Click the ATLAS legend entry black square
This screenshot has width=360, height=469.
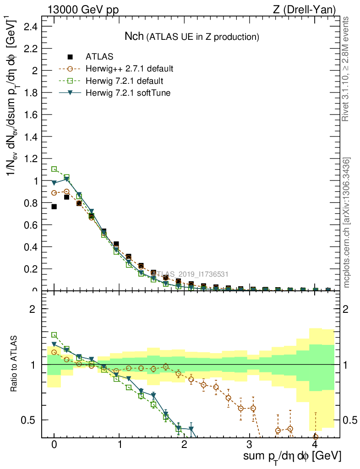tap(70, 57)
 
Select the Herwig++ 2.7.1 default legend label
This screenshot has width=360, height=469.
tap(129, 69)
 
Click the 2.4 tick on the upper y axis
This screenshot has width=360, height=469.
tap(30, 27)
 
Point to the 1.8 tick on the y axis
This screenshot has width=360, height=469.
tap(30, 93)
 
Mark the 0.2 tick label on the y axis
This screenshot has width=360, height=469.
tap(30, 269)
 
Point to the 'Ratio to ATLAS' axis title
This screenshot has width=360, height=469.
tap(14, 364)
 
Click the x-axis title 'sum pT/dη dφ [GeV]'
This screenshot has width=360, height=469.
tap(291, 456)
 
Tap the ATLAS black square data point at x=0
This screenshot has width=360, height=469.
tap(54, 207)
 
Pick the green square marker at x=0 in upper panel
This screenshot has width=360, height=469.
tap(54, 169)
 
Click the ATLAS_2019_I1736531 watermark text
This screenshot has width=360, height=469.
tap(190, 274)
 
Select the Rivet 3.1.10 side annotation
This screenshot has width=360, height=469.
tap(346, 69)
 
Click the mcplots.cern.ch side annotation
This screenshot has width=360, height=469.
tap(346, 223)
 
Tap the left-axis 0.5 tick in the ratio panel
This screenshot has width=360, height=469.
tap(32, 420)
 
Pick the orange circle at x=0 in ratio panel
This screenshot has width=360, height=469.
tap(54, 352)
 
